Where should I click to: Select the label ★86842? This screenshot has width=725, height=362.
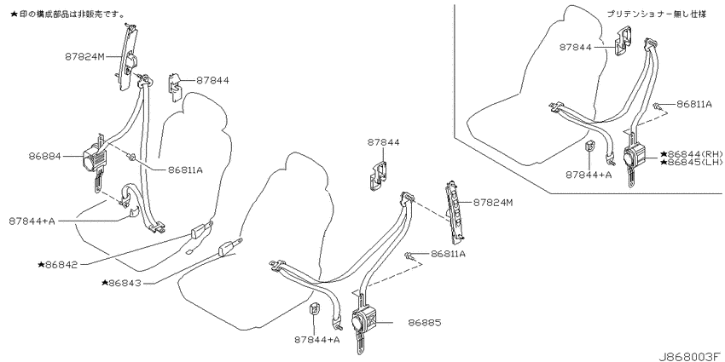[57, 265]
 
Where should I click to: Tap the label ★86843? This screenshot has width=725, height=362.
[121, 283]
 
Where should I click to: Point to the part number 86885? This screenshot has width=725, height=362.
[425, 323]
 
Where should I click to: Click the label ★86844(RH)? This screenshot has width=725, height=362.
[691, 154]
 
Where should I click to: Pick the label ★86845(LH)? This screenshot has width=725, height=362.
[691, 163]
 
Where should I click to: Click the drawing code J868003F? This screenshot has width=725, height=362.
[689, 357]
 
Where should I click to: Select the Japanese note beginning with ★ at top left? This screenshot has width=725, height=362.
[67, 14]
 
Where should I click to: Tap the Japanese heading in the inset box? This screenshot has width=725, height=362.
[657, 14]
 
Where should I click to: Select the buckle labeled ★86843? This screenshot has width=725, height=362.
[228, 249]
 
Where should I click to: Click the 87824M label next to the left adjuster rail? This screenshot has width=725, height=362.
[85, 57]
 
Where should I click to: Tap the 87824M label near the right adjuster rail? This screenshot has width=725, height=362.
[493, 202]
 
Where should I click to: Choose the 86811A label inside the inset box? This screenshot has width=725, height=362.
[694, 105]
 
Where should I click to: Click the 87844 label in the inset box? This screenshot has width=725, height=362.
[575, 47]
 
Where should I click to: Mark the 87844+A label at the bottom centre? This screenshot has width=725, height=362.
[317, 340]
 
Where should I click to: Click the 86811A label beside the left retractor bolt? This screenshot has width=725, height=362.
[174, 170]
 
